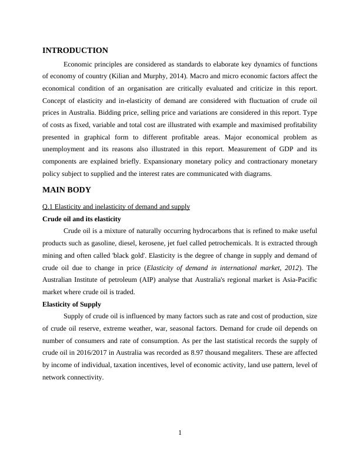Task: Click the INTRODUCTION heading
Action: tap(75, 51)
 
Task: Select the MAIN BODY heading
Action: tap(66, 190)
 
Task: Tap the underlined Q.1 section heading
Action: tap(116, 207)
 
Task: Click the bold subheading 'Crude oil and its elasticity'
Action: tap(82, 219)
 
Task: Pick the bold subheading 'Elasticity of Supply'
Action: tap(72, 304)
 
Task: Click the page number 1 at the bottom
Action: tap(180, 434)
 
